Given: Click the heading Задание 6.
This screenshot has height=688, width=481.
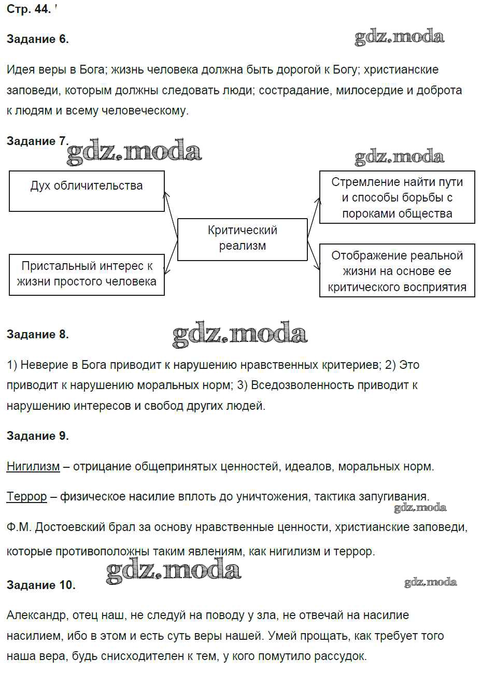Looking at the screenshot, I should click(37, 39).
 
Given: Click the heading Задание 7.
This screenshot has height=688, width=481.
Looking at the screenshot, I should click(37, 141).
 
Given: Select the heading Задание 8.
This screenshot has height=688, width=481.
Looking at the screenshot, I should click(37, 335).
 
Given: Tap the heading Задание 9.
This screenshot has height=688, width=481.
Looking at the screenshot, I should click(37, 436).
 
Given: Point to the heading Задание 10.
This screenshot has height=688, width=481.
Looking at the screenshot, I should click(41, 585).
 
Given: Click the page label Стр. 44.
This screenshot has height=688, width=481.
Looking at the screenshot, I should click(29, 9).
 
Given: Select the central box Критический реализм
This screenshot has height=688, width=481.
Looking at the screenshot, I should click(242, 239).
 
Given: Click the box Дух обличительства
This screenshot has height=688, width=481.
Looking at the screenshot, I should click(87, 191).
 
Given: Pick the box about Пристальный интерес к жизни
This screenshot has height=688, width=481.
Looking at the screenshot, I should click(87, 274).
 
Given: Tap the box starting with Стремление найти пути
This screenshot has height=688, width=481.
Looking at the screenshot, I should click(397, 197).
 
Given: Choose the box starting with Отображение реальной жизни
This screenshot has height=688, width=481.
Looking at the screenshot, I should click(397, 271).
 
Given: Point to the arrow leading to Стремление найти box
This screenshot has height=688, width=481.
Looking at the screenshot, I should click(313, 218).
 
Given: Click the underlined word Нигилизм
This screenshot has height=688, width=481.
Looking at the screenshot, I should click(33, 467).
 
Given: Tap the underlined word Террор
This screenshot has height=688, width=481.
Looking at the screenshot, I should click(26, 497).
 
